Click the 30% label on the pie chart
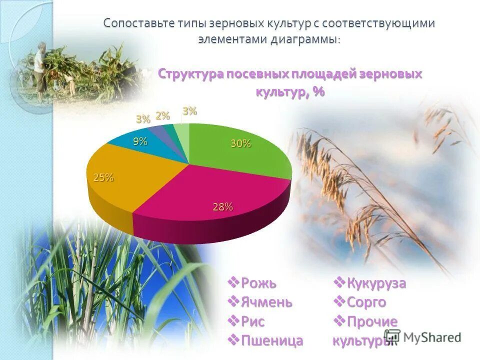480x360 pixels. point(240,144)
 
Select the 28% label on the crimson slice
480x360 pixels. point(222,207)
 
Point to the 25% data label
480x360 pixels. point(103,177)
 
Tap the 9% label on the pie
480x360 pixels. point(140,141)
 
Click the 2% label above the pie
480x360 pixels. point(162,116)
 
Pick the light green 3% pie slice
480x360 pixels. point(184,134)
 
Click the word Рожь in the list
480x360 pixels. point(258,283)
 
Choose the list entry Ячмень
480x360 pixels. point(266,302)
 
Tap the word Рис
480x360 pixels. point(252,321)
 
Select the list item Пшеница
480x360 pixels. point(272,340)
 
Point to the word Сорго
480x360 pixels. point(366,302)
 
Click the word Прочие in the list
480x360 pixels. point(371,321)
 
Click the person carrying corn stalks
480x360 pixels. point(39,70)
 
